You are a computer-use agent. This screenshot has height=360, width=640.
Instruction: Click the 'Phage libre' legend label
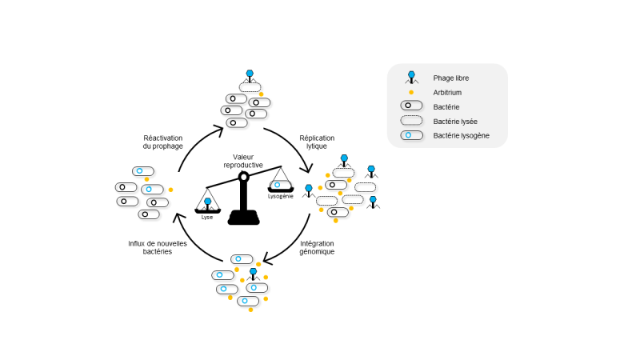click(x=450, y=78)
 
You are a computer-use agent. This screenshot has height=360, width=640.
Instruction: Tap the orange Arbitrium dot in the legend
click(x=411, y=92)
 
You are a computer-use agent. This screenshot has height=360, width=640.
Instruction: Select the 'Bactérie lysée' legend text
click(x=455, y=122)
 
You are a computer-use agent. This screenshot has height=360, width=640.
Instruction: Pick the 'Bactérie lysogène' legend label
click(x=462, y=135)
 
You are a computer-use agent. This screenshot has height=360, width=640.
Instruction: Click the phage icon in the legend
click(x=411, y=78)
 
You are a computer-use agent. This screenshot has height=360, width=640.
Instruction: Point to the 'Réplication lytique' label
click(x=317, y=142)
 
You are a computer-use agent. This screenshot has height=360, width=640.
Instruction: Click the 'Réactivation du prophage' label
click(x=163, y=142)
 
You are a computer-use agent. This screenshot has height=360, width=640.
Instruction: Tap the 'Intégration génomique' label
click(x=317, y=247)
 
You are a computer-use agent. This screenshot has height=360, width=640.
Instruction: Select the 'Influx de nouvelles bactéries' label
click(x=158, y=247)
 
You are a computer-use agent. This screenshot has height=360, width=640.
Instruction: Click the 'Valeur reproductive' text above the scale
click(x=243, y=161)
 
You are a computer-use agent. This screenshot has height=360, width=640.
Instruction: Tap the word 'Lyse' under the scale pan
click(x=207, y=217)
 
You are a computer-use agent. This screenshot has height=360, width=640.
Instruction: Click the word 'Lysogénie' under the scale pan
click(x=281, y=196)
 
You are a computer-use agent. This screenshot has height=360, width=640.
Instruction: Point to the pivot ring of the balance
click(x=244, y=177)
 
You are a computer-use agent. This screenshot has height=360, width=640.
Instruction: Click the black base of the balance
click(x=244, y=218)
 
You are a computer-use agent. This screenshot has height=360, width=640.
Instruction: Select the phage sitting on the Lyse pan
click(x=207, y=204)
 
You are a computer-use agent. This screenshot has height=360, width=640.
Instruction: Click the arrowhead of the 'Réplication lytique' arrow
click(x=309, y=168)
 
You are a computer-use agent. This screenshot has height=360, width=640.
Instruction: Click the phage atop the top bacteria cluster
click(x=250, y=76)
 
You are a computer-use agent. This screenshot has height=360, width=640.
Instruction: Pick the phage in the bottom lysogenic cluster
click(x=253, y=274)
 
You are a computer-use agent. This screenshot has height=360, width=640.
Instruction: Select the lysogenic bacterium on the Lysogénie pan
click(x=280, y=185)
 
